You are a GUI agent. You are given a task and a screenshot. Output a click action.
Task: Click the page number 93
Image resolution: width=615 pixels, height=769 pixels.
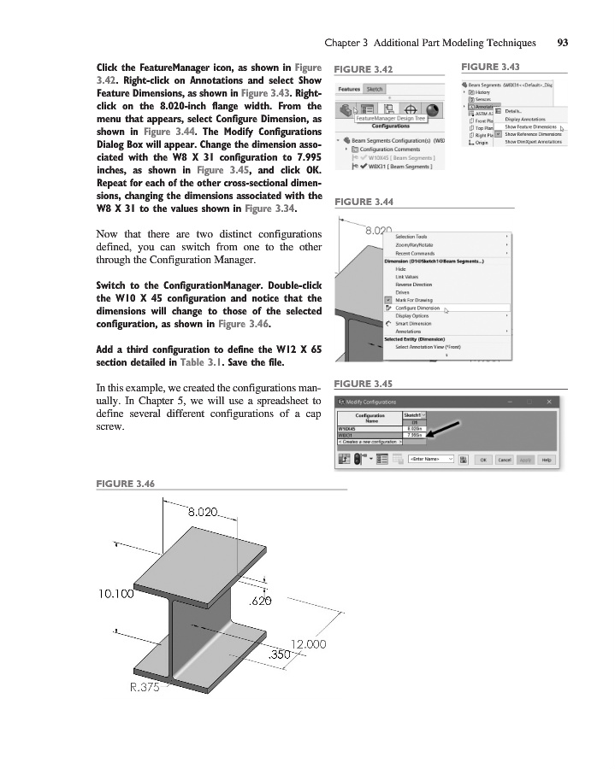pyautogui.click(x=563, y=42)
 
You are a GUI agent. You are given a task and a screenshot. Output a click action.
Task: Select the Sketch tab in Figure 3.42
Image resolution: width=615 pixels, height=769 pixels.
pyautogui.click(x=375, y=89)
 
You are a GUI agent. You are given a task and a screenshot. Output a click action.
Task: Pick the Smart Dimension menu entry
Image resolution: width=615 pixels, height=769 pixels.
pyautogui.click(x=412, y=324)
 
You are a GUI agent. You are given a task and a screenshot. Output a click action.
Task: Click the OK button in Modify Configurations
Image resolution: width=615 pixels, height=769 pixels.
pyautogui.click(x=483, y=460)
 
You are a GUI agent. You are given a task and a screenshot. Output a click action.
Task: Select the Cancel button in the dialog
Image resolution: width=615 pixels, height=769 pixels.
pyautogui.click(x=505, y=460)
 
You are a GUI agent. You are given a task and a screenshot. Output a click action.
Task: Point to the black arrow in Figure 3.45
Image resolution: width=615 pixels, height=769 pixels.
pyautogui.click(x=446, y=428)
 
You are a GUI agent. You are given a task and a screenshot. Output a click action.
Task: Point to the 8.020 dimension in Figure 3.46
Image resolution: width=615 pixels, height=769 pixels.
pyautogui.click(x=204, y=514)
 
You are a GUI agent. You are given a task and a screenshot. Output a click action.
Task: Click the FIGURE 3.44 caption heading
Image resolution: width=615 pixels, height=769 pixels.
pyautogui.click(x=364, y=202)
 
